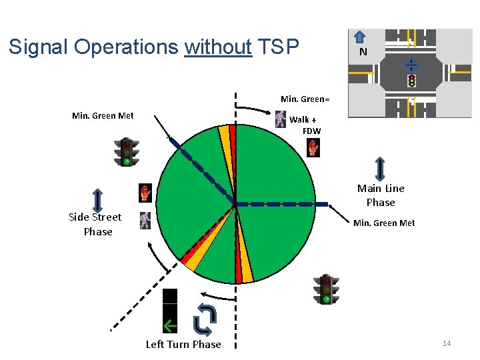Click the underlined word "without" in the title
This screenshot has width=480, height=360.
[x=217, y=47]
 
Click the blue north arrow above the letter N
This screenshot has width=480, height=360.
[x=359, y=37]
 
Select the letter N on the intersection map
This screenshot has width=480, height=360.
[x=363, y=52]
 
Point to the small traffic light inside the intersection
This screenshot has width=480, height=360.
[x=412, y=81]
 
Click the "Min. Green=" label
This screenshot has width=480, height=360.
[x=305, y=99]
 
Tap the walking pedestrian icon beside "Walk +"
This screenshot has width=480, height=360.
[x=281, y=119]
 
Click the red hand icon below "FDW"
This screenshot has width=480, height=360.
[x=313, y=148]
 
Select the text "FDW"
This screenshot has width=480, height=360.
[x=311, y=131]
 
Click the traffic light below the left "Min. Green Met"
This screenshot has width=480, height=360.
[x=126, y=152]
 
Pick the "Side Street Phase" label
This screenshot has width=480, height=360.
[x=95, y=224]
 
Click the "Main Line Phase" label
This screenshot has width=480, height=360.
[x=381, y=195]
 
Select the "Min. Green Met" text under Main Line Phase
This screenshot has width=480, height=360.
[x=384, y=223]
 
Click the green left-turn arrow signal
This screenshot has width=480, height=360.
[x=171, y=325]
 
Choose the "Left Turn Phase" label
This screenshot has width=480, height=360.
[x=183, y=344]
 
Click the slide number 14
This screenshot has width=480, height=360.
[x=447, y=343]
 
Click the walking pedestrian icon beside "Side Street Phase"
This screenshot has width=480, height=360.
[x=145, y=220]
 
